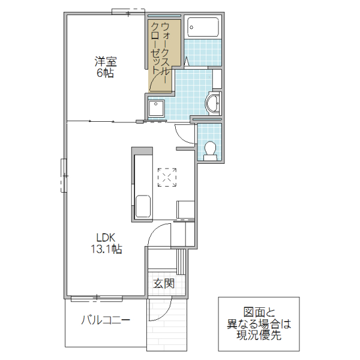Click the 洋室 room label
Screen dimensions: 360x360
click(105, 61)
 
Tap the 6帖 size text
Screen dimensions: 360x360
click(105, 74)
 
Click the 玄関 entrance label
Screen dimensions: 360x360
click(163, 283)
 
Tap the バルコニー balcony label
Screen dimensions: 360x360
click(106, 319)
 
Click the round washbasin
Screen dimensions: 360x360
click(213, 103)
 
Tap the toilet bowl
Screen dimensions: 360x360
click(210, 148)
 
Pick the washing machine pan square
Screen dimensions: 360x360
click(157, 107)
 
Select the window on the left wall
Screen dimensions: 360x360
click(64, 175)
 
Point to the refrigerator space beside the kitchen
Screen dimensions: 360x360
click(185, 210)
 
